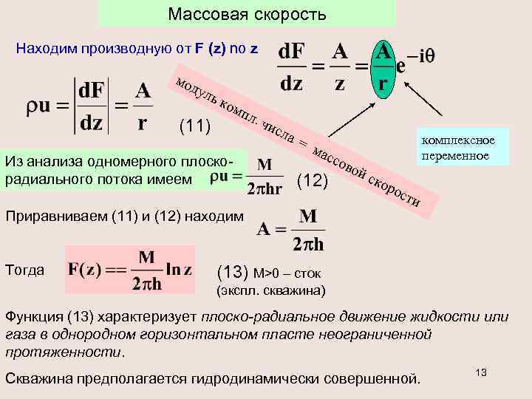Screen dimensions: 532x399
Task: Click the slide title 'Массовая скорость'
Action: pyautogui.click(x=247, y=14)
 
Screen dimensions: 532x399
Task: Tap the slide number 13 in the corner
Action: pyautogui.click(x=481, y=372)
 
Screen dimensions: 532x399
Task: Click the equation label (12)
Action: pyautogui.click(x=311, y=180)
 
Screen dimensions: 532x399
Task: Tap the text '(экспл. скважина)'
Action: pyautogui.click(x=270, y=290)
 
